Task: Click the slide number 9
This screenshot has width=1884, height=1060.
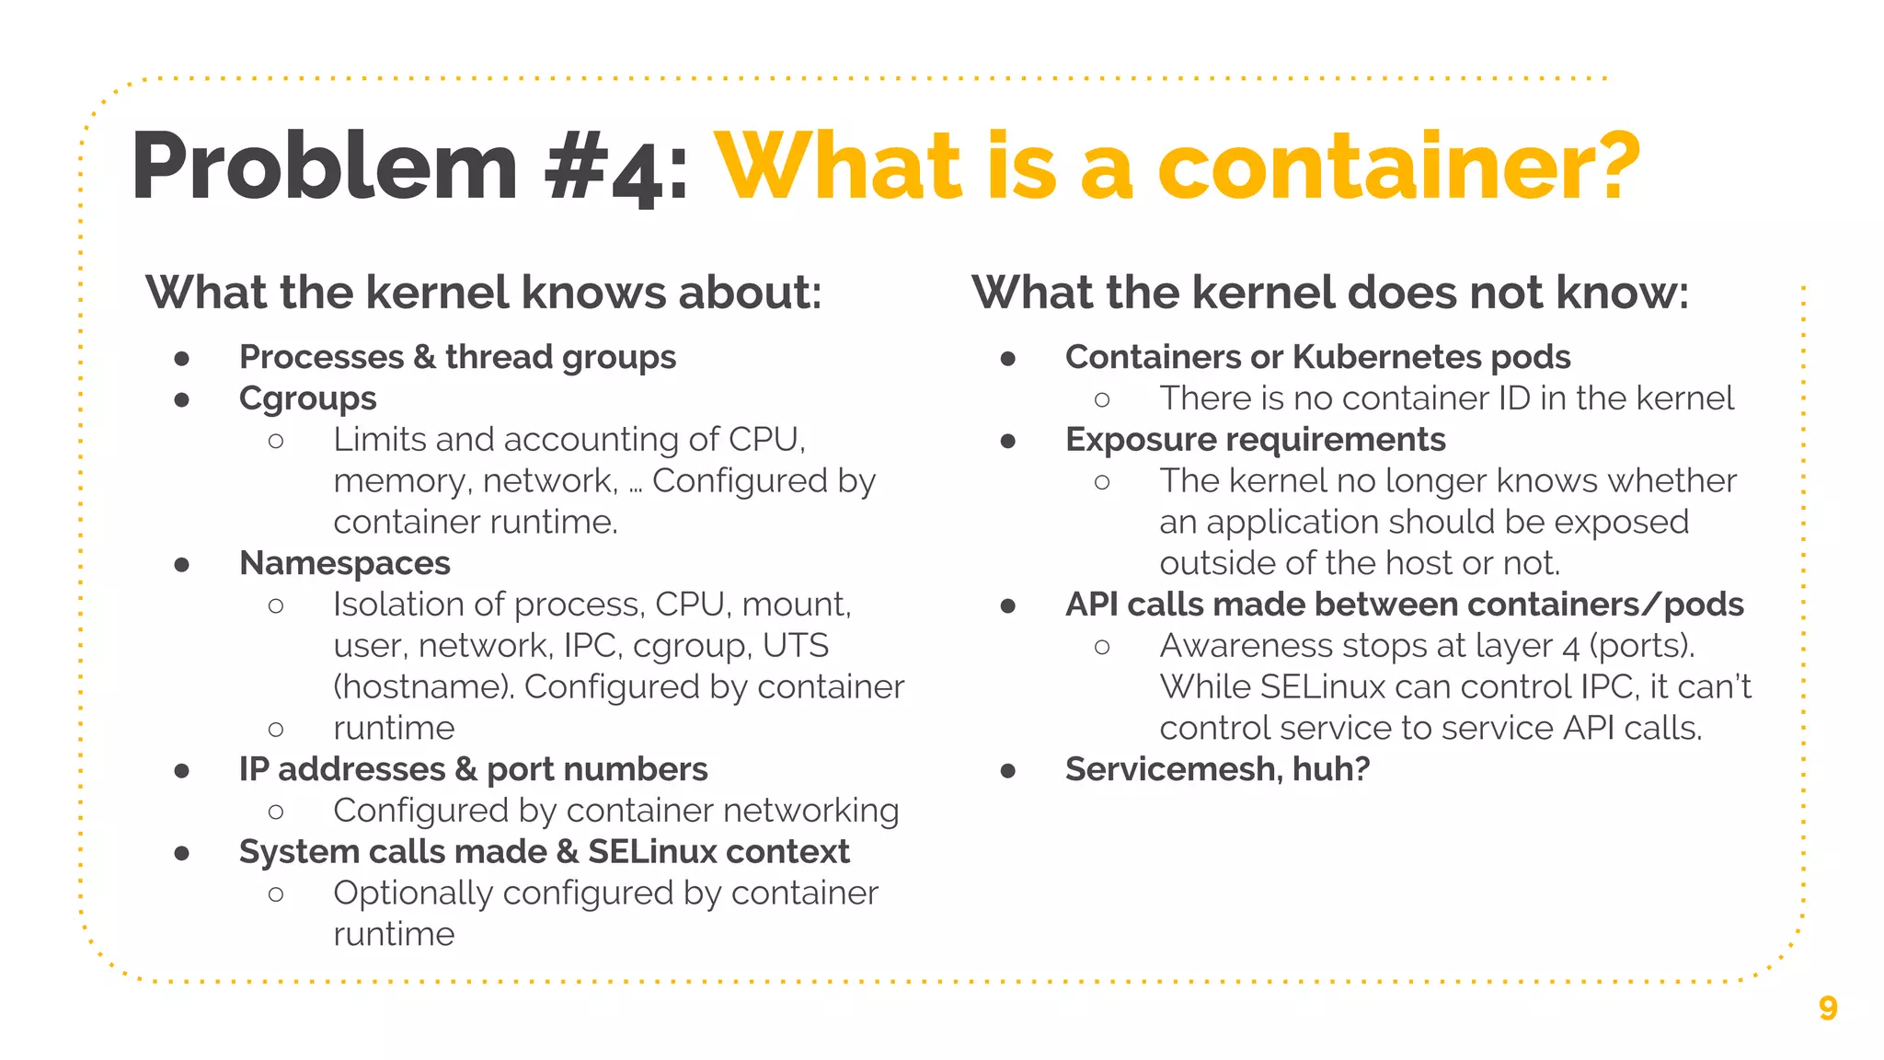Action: (1827, 1008)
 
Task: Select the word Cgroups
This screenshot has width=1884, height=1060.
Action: (307, 398)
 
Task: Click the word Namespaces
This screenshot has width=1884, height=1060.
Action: (344, 563)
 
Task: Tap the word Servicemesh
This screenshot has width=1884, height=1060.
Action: (1172, 769)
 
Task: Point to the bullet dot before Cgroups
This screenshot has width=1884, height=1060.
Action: (182, 399)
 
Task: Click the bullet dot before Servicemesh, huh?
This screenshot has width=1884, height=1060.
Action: (1008, 770)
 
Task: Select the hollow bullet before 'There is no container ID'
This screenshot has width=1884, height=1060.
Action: (1102, 399)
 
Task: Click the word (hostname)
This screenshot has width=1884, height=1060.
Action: (423, 687)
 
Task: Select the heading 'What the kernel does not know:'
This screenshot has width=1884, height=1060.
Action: (1330, 293)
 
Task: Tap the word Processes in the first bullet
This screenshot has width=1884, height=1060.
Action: (321, 357)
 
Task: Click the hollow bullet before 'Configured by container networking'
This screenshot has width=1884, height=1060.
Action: (276, 812)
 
